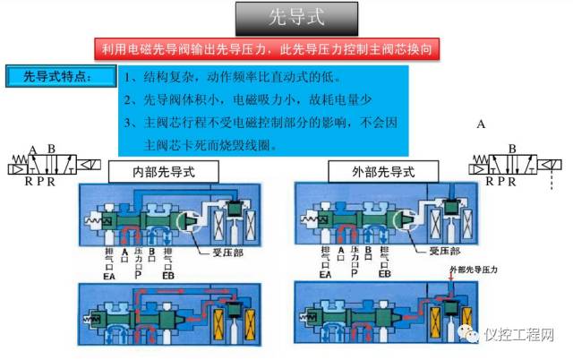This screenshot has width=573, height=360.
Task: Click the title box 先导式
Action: (x=295, y=18)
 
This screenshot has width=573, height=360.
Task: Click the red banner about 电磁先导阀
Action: (x=268, y=48)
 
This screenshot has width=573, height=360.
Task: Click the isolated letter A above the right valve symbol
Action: (x=481, y=124)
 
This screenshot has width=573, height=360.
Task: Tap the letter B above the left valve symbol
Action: (x=52, y=149)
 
